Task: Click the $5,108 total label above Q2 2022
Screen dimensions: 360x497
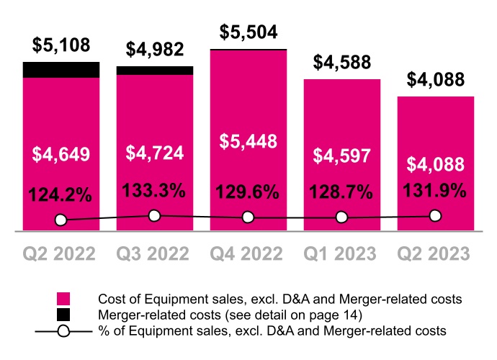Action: click(x=61, y=45)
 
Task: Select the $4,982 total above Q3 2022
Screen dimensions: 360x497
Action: click(x=155, y=50)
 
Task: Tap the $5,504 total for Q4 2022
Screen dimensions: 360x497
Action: click(x=248, y=32)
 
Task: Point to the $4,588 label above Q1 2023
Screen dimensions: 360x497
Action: click(x=342, y=63)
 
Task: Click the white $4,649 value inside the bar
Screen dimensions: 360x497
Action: click(x=61, y=153)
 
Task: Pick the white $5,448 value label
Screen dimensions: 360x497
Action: click(x=248, y=142)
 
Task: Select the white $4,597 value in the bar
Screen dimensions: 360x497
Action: click(x=342, y=156)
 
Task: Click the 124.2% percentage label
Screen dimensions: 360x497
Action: click(x=61, y=194)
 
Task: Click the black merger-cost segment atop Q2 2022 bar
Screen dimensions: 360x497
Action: click(x=61, y=69)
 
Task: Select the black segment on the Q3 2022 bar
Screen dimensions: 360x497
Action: click(x=155, y=71)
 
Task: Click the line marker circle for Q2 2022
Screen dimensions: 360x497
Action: click(x=61, y=220)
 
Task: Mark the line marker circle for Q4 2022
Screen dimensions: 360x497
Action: click(x=248, y=217)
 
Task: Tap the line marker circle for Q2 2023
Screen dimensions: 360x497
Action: click(x=436, y=215)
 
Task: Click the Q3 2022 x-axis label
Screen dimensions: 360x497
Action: click(x=155, y=253)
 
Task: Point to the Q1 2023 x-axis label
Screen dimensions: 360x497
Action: click(x=342, y=253)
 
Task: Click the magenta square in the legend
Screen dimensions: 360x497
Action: click(x=64, y=298)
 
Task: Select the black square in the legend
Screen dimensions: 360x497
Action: click(x=64, y=314)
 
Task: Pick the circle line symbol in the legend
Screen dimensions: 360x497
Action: click(x=64, y=330)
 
